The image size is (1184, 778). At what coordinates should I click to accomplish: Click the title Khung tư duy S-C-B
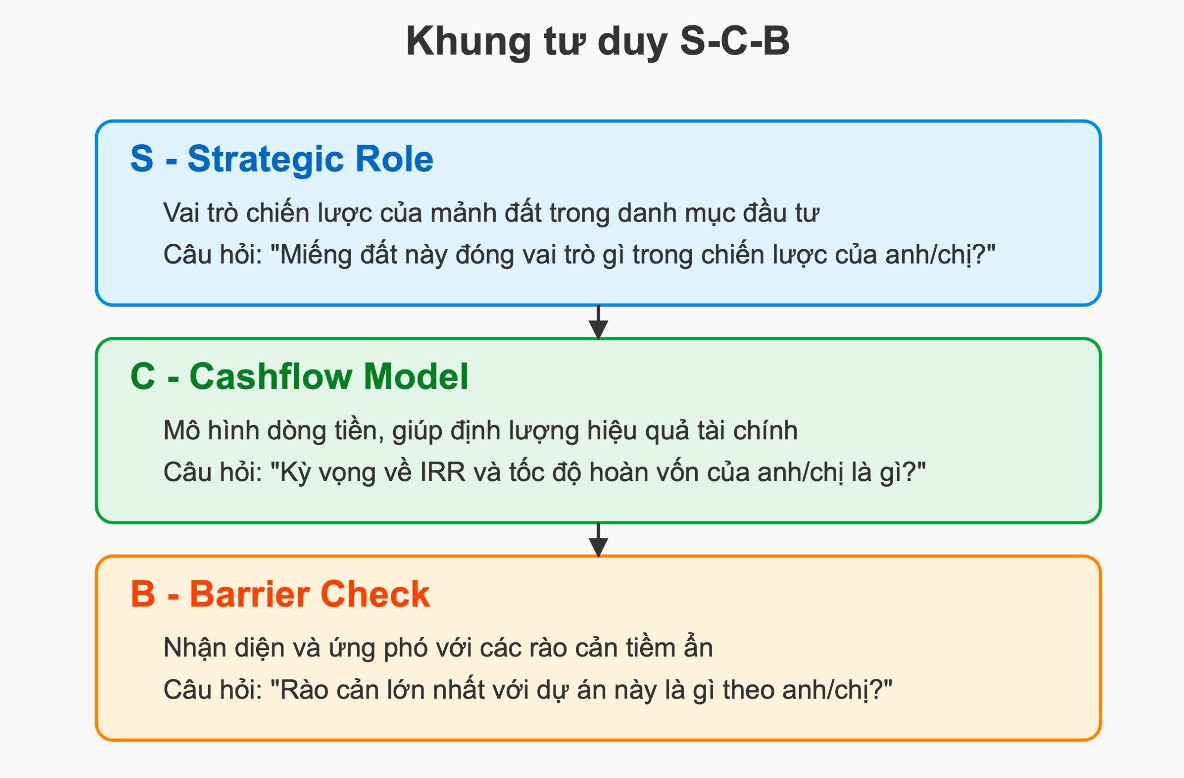point(598,42)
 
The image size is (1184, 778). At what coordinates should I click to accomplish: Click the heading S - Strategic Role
point(282,159)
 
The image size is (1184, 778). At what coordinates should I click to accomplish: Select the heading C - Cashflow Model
point(299,377)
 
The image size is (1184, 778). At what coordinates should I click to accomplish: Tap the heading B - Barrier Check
point(280,594)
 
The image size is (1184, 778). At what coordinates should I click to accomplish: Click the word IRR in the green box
point(443,472)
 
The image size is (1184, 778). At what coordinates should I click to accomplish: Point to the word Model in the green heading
point(416,377)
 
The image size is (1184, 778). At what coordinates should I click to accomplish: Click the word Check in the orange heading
point(375,594)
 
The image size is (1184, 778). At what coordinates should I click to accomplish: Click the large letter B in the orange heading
point(143,594)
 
